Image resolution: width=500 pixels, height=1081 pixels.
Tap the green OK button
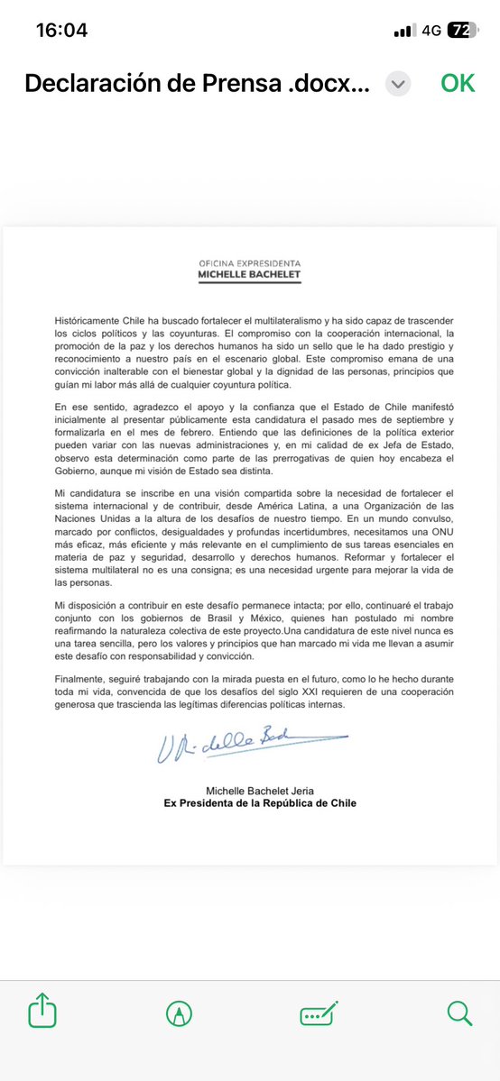click(x=458, y=83)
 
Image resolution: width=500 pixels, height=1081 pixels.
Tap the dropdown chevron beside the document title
click(x=398, y=84)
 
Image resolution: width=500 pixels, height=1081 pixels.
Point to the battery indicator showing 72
click(x=460, y=30)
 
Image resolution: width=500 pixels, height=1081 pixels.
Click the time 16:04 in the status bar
click(x=61, y=30)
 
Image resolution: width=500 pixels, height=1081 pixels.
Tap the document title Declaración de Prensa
click(x=197, y=83)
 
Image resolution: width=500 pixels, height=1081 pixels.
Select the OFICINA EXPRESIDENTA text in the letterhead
click(x=250, y=262)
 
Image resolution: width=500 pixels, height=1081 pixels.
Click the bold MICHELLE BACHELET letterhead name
click(x=250, y=275)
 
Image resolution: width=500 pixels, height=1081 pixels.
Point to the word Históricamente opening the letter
click(x=84, y=322)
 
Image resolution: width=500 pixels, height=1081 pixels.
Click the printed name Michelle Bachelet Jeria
click(x=250, y=788)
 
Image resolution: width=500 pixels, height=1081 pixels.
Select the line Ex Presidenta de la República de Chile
click(x=250, y=802)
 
